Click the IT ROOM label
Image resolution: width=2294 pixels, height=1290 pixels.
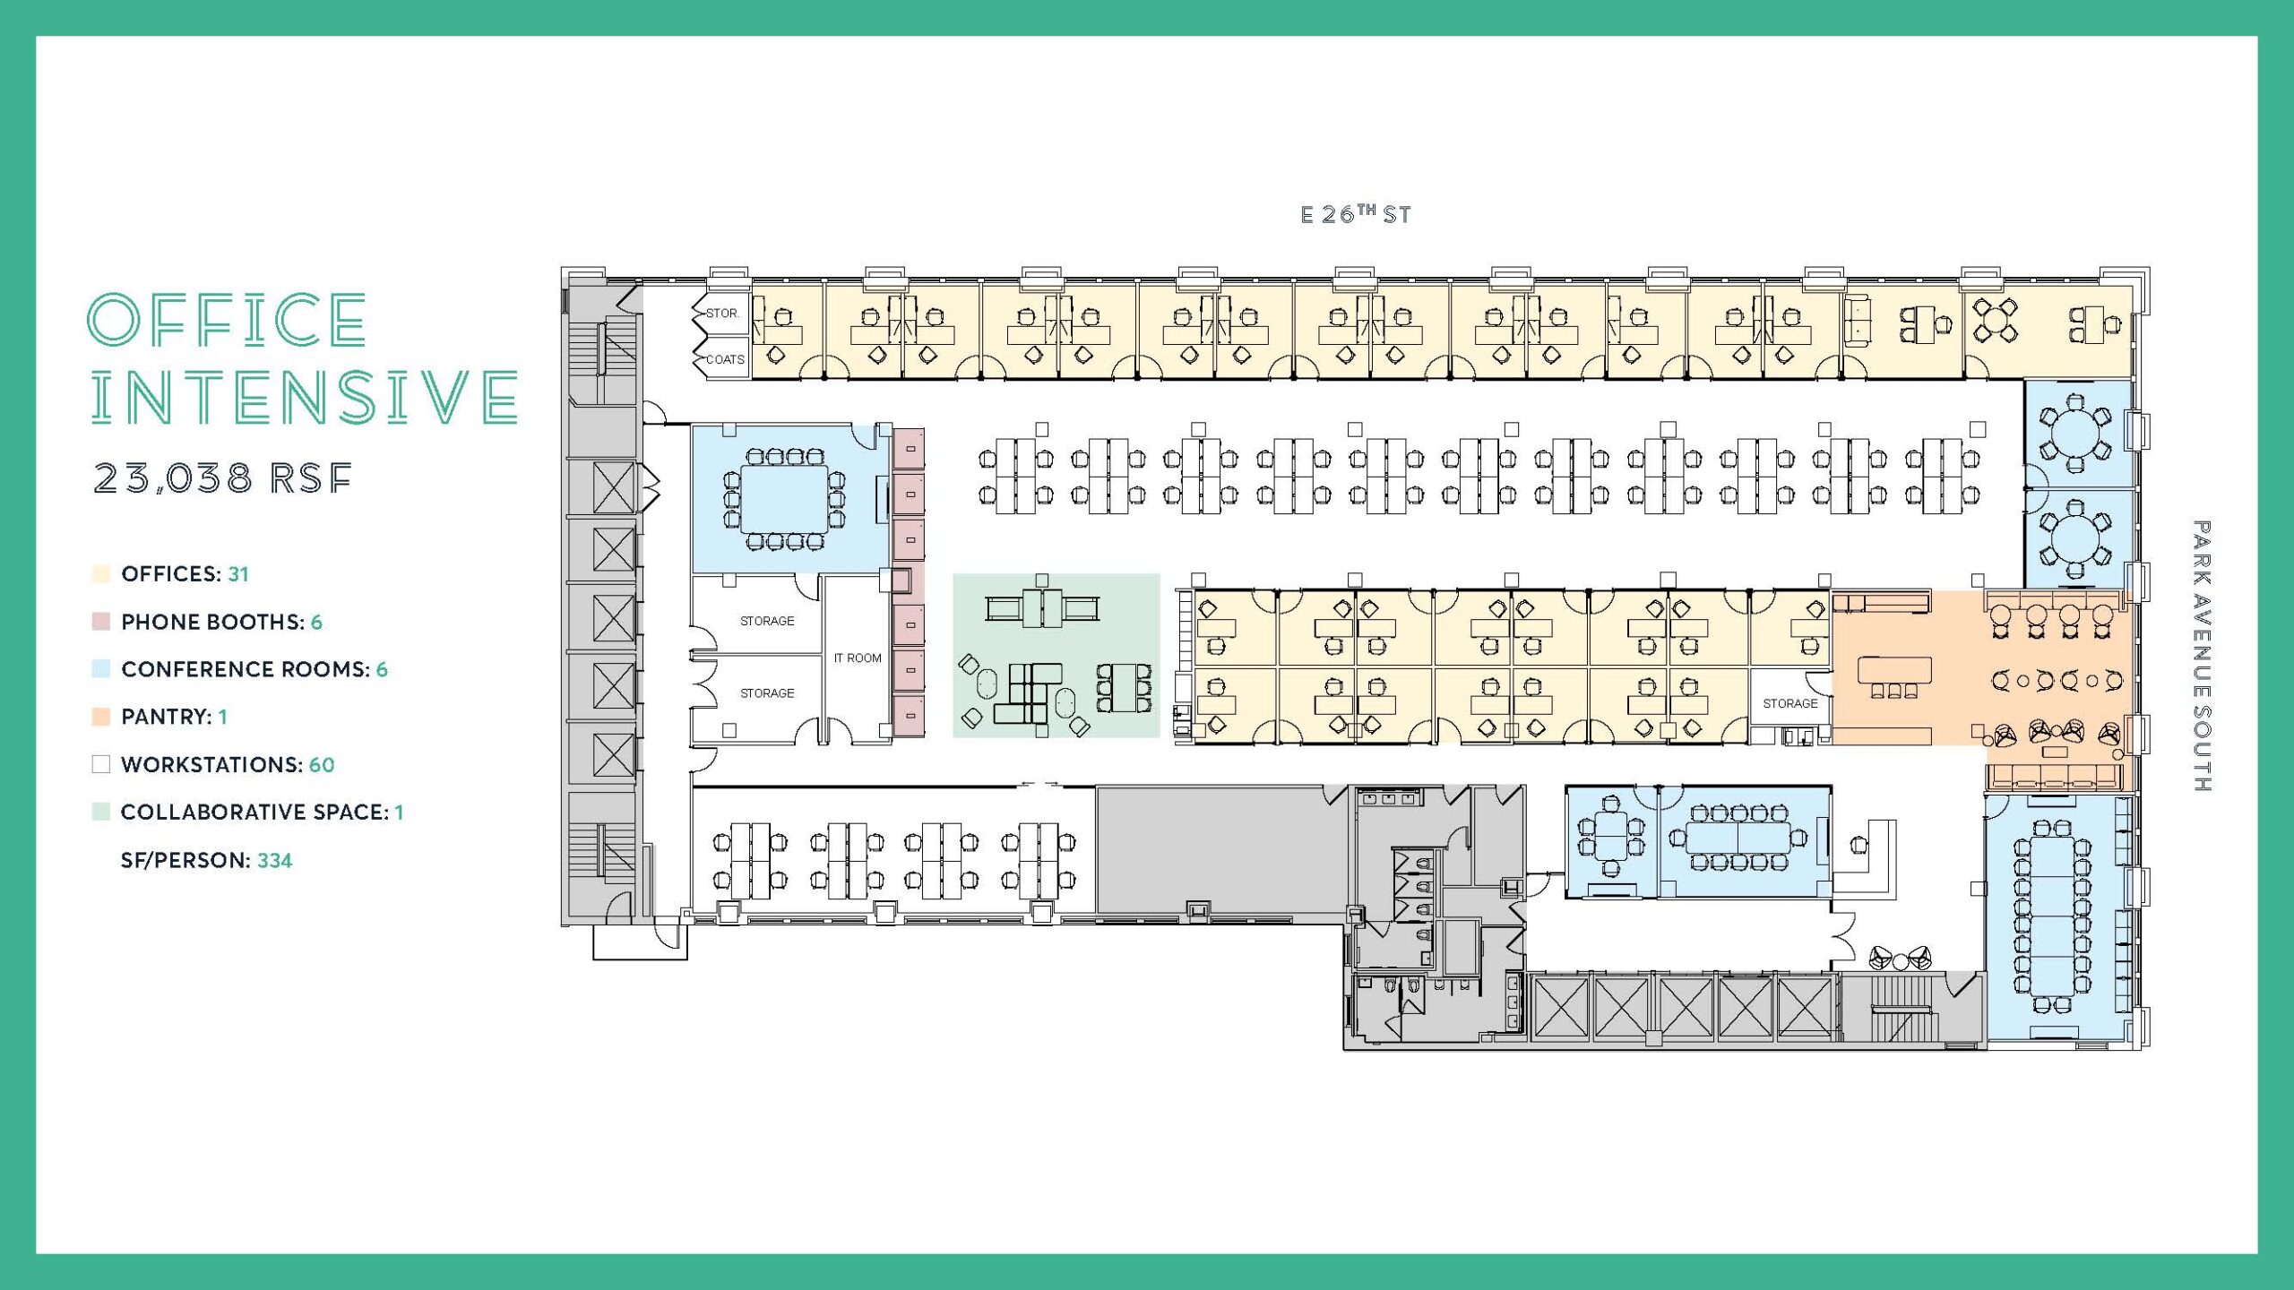[x=858, y=658]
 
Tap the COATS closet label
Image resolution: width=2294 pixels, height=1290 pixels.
[x=725, y=359]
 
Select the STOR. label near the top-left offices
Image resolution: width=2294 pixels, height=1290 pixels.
[x=722, y=314]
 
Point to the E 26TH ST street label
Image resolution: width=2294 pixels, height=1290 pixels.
[x=1356, y=214]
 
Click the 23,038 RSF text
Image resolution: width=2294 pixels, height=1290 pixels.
[x=222, y=478]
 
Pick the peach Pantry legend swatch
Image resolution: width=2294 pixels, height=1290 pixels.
[x=101, y=717]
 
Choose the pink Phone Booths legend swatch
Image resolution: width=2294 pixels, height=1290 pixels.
[x=101, y=622]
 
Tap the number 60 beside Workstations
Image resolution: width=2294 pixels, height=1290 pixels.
[x=322, y=765]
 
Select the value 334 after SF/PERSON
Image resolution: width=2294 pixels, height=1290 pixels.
[x=275, y=861]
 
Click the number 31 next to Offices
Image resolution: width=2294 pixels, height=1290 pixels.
[x=238, y=574]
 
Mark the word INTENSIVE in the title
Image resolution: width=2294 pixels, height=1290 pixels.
[x=305, y=398]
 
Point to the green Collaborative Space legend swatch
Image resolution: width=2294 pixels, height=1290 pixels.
[x=101, y=812]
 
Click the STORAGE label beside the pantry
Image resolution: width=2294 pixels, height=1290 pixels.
[x=1790, y=703]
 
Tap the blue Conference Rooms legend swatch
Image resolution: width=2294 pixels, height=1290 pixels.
[x=101, y=668]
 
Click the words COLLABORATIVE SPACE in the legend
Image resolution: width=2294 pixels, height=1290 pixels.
[x=254, y=813]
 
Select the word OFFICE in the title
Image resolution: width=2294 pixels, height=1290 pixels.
[x=227, y=320]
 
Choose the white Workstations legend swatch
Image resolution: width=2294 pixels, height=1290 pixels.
[x=101, y=764]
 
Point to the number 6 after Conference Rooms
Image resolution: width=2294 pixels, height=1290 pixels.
[x=382, y=669]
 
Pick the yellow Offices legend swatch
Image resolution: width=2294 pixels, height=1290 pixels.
[x=101, y=573]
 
